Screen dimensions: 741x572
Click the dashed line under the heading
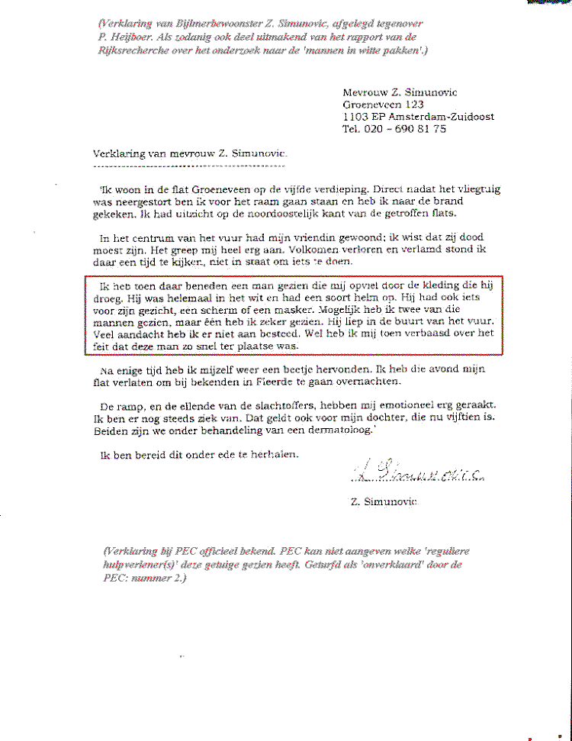tap(190, 165)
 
